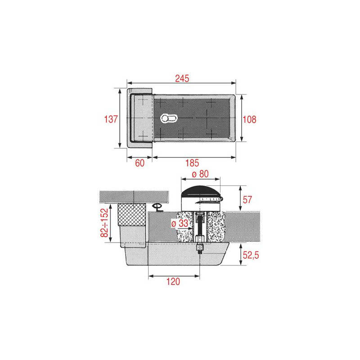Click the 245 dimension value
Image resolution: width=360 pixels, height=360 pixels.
pyautogui.click(x=181, y=78)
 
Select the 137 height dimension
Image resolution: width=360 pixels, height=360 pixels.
pyautogui.click(x=111, y=119)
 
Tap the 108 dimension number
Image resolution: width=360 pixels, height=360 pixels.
pyautogui.click(x=249, y=119)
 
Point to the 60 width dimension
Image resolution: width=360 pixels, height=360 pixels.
pyautogui.click(x=140, y=163)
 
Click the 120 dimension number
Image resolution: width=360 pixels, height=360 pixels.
pyautogui.click(x=174, y=282)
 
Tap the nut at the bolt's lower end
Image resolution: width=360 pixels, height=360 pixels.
pyautogui.click(x=199, y=248)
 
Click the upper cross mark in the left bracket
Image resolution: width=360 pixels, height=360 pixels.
pyautogui.click(x=143, y=101)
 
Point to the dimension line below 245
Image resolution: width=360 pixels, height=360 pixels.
pyautogui.click(x=181, y=83)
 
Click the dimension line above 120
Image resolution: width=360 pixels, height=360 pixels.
pyautogui.click(x=174, y=275)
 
